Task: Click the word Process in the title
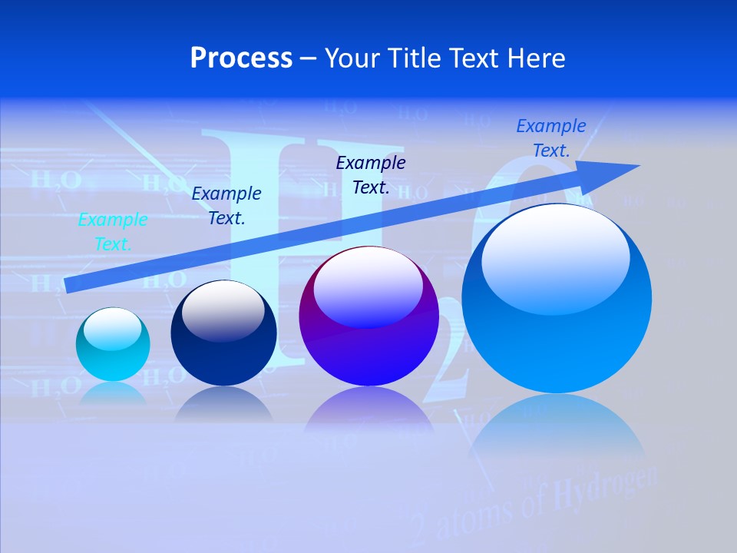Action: tap(241, 58)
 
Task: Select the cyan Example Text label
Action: tap(113, 232)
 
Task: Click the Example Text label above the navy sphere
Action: tap(226, 206)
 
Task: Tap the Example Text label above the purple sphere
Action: tap(371, 175)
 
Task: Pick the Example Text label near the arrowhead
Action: tap(551, 138)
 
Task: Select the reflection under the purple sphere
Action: tap(368, 411)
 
